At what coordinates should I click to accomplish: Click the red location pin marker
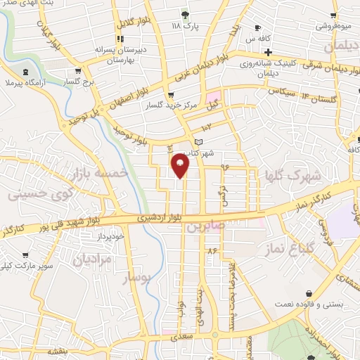pyautogui.click(x=181, y=165)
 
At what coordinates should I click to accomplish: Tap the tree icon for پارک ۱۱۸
pyautogui.click(x=186, y=15)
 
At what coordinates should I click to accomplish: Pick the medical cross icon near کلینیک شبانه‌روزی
pyautogui.click(x=268, y=53)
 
